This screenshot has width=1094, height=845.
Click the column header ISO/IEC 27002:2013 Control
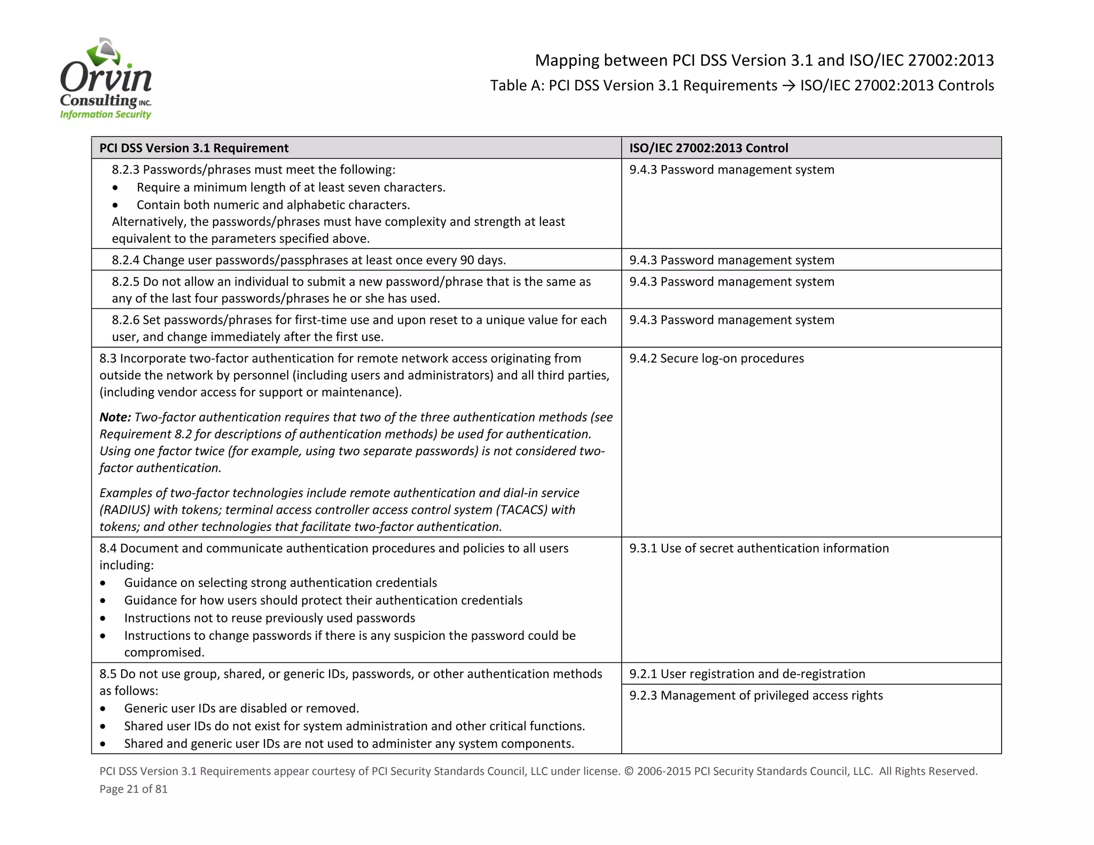(x=708, y=148)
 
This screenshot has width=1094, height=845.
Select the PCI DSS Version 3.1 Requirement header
(x=194, y=148)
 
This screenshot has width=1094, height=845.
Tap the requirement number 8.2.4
(x=126, y=260)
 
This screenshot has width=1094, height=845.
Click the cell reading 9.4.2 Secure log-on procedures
(x=716, y=358)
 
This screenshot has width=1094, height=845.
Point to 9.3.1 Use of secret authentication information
(x=759, y=549)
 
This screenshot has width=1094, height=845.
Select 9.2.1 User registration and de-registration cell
(x=747, y=674)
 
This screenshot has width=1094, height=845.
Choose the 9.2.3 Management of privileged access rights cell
(x=755, y=695)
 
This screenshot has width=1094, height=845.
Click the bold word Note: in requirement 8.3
(x=115, y=417)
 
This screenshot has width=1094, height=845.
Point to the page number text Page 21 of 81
(x=134, y=789)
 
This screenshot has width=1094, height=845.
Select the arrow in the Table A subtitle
(x=788, y=85)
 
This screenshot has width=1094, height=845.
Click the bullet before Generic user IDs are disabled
(x=103, y=709)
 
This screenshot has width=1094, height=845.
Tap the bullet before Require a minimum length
(x=115, y=188)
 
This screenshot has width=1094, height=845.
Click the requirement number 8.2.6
(x=126, y=320)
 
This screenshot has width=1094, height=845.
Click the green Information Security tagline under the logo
(x=105, y=114)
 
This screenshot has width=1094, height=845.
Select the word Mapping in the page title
(x=567, y=60)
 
